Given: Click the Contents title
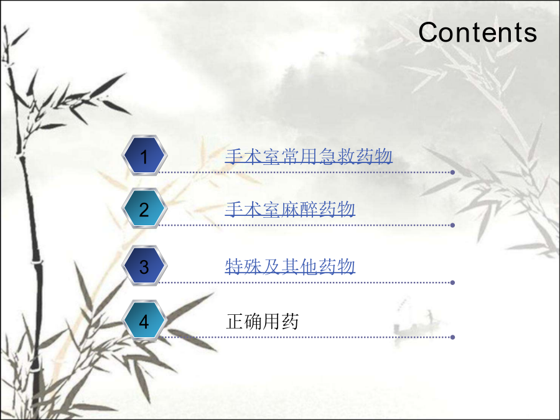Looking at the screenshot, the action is [477, 32].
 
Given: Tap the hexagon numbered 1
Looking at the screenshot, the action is [144, 156].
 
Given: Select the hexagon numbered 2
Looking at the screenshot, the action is [144, 208].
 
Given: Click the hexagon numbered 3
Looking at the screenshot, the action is [144, 266].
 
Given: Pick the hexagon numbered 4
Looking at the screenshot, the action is [144, 320].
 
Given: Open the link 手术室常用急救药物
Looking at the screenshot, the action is [309, 156].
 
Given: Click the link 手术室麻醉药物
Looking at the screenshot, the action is [290, 209].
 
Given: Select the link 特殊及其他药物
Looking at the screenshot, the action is [290, 266].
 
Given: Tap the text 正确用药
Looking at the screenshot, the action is [262, 321].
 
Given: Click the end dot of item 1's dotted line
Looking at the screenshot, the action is [452, 172].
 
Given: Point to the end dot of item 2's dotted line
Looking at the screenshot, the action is [452, 225].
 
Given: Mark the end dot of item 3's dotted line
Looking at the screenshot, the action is [452, 282].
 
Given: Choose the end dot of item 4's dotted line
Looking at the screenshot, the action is [452, 337].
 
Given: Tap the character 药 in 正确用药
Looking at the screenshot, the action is [290, 321].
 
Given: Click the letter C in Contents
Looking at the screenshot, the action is [428, 32].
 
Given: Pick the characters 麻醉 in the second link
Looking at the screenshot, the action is [299, 209].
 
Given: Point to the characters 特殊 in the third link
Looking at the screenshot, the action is [243, 266].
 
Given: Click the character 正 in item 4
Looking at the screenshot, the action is [235, 321].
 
